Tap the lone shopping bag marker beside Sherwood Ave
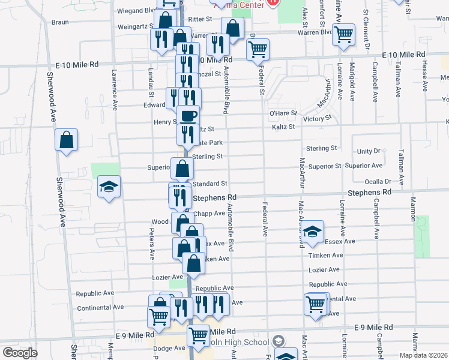click(x=67, y=140)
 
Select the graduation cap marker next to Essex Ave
click(x=312, y=232)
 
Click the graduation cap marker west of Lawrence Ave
click(x=109, y=187)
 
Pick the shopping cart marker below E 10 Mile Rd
click(x=258, y=50)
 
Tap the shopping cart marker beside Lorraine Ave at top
click(x=344, y=34)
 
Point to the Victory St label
click(x=318, y=119)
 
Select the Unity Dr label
click(x=369, y=152)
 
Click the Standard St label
click(x=209, y=184)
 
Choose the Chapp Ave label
click(x=209, y=213)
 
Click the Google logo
click(x=20, y=352)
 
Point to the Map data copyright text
click(x=423, y=355)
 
